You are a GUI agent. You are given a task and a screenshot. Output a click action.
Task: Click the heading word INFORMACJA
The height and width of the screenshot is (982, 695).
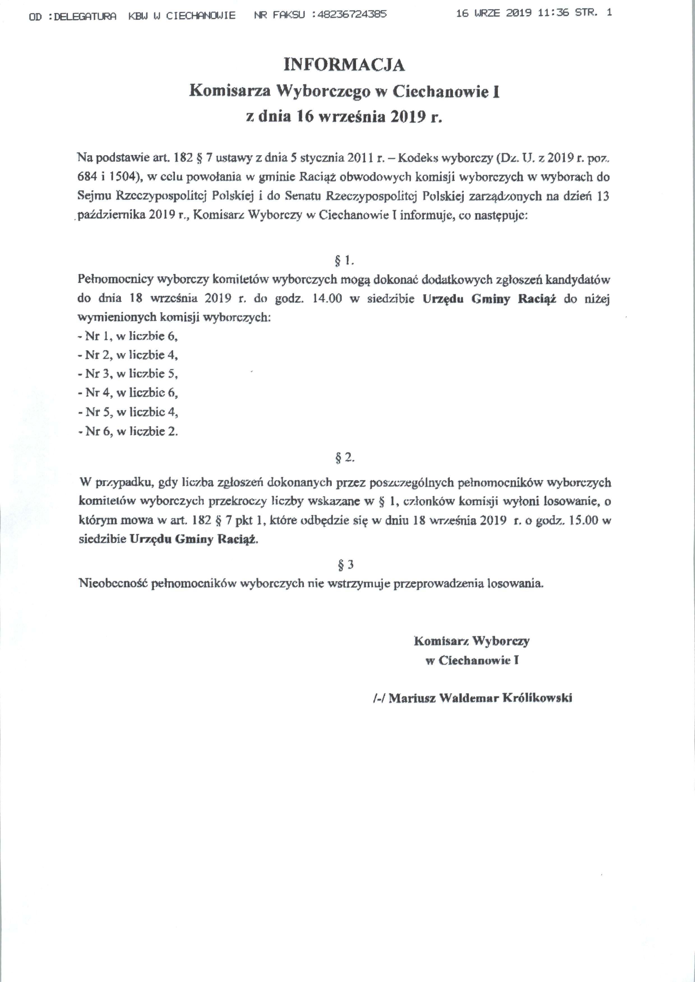pyautogui.click(x=344, y=65)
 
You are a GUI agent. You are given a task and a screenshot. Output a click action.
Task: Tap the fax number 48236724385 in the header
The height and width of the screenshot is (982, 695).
pyautogui.click(x=350, y=15)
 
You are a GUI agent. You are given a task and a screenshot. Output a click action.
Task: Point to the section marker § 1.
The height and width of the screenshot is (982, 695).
pyautogui.click(x=344, y=260)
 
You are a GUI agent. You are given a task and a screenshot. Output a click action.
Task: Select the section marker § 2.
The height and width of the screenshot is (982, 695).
pyautogui.click(x=345, y=458)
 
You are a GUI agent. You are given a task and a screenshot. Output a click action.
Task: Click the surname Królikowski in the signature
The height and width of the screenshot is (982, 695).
pyautogui.click(x=537, y=698)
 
